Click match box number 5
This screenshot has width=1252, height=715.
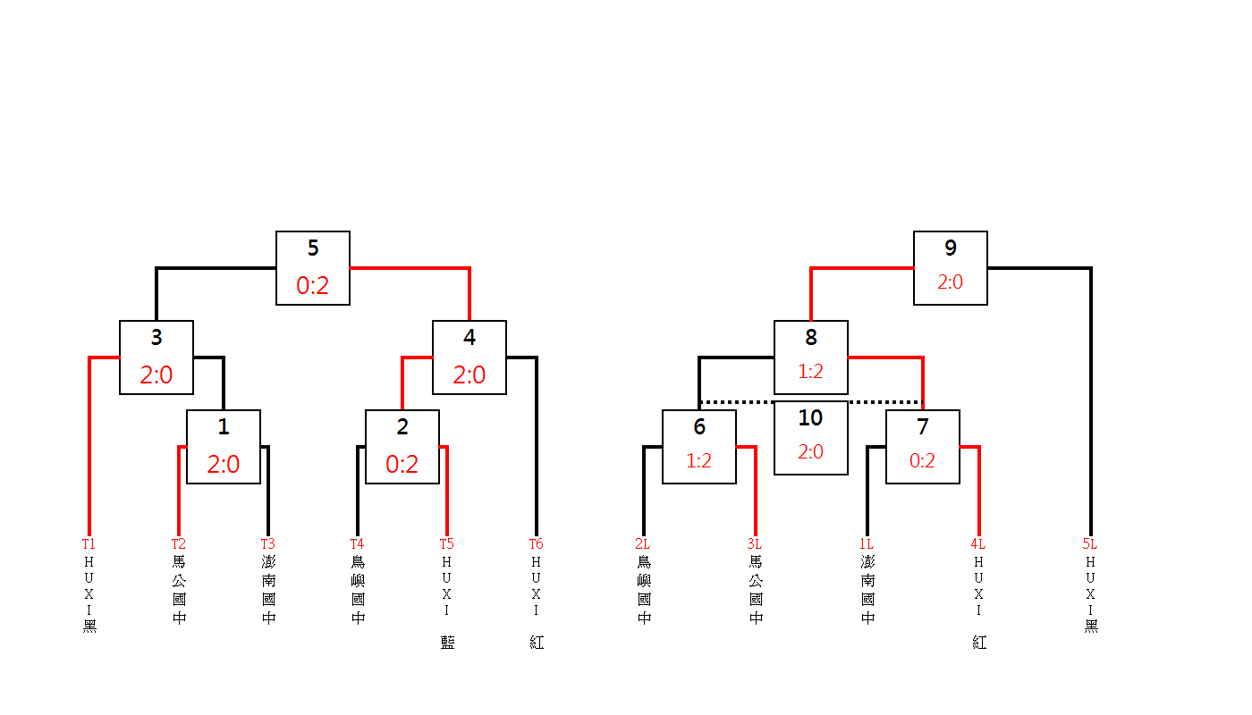click(313, 268)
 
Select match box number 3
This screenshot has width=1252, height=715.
click(156, 357)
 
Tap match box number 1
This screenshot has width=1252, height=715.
click(224, 447)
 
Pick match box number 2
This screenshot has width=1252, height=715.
click(402, 447)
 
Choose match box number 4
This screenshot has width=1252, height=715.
click(469, 357)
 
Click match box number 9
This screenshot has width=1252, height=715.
click(951, 268)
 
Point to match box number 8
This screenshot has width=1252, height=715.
click(811, 357)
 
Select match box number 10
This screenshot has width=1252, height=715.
click(811, 438)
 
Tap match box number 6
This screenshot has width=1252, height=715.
click(699, 447)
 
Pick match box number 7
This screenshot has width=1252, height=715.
click(923, 447)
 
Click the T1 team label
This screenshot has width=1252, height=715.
click(89, 543)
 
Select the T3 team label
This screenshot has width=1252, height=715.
click(267, 543)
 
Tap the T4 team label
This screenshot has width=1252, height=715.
click(357, 543)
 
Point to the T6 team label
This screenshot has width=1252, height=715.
click(536, 543)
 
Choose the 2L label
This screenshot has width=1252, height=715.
click(642, 543)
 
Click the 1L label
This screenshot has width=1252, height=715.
click(866, 543)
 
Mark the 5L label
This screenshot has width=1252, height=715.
click(1089, 543)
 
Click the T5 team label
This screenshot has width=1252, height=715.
click(446, 543)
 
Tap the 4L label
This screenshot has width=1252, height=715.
click(977, 543)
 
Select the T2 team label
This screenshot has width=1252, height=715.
click(178, 543)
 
